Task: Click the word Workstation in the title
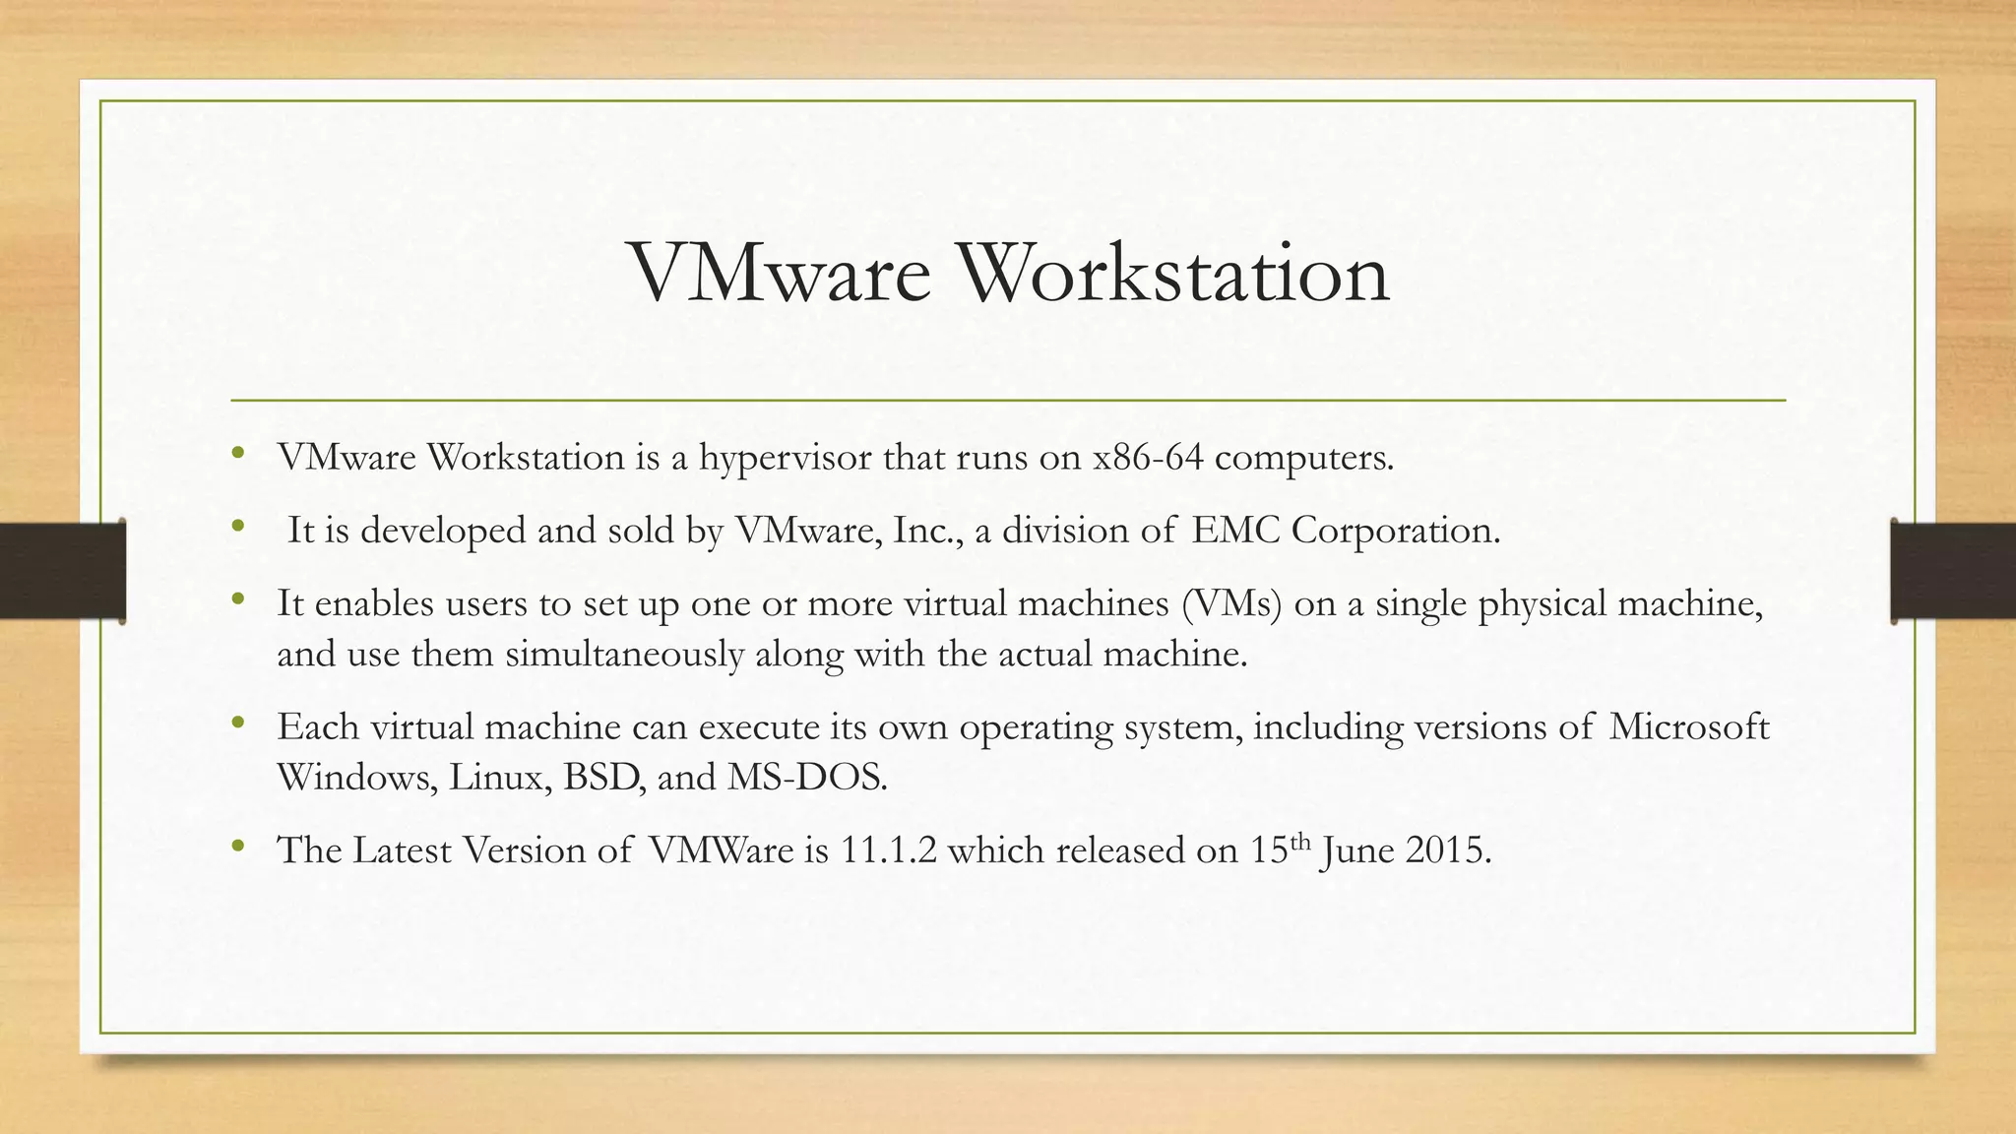click(x=1173, y=273)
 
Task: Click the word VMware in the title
click(x=779, y=273)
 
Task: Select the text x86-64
click(x=1148, y=458)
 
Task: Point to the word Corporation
click(x=1396, y=531)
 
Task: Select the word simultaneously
click(x=624, y=655)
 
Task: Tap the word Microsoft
click(x=1689, y=727)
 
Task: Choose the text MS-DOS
click(x=807, y=778)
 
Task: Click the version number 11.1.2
click(x=888, y=850)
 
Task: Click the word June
click(x=1357, y=850)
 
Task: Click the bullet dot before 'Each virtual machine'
click(x=237, y=724)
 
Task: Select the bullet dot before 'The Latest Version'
click(x=237, y=847)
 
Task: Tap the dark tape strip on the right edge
click(x=1953, y=571)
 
